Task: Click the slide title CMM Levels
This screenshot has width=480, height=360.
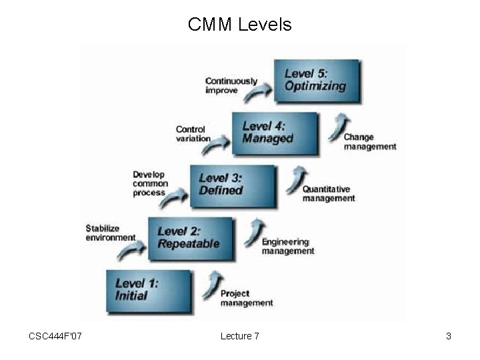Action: (239, 25)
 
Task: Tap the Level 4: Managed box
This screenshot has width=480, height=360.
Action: (275, 132)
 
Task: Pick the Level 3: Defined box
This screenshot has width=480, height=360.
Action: (232, 183)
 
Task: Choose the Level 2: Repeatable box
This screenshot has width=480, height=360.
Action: (191, 237)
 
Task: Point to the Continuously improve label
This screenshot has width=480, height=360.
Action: (231, 85)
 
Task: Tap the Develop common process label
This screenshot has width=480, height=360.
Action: (150, 183)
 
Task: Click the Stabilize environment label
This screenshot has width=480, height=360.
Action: (110, 233)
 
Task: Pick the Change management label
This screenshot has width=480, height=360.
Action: (369, 142)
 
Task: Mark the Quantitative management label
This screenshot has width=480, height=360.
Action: (328, 194)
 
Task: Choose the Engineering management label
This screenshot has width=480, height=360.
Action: (287, 246)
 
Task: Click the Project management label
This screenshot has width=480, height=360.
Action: (246, 298)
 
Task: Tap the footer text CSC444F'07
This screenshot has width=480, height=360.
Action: (55, 336)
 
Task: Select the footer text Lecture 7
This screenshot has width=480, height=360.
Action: (239, 336)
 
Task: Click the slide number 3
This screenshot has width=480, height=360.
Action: (449, 336)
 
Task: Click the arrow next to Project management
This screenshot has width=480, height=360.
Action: (214, 283)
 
